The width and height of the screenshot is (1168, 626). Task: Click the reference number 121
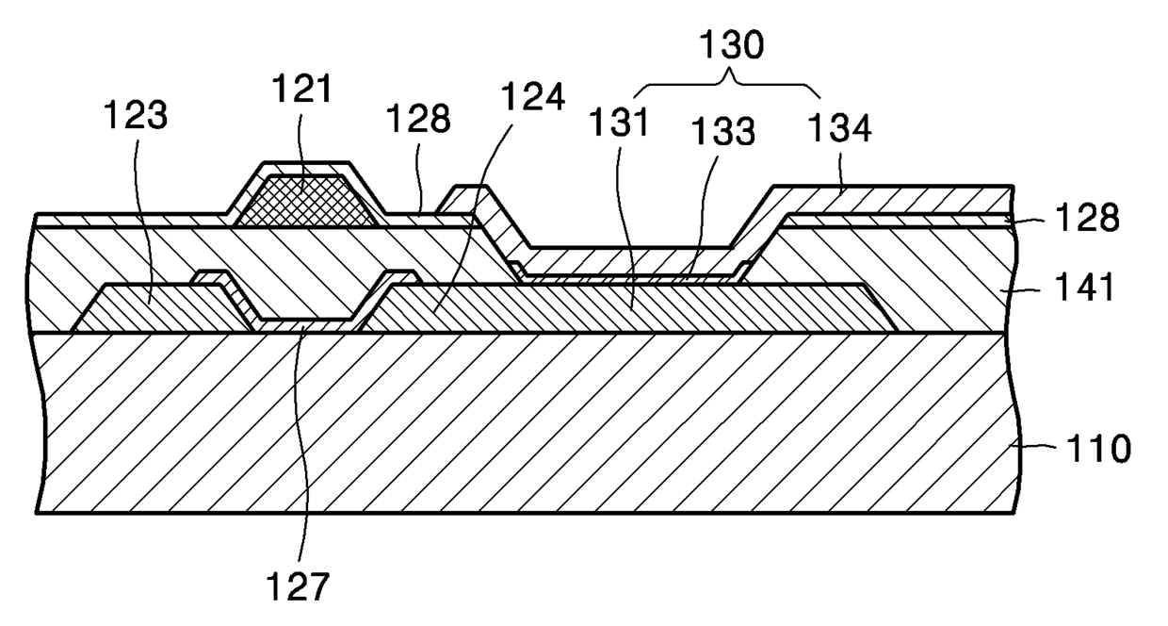[302, 90]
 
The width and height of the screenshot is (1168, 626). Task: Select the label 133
[725, 134]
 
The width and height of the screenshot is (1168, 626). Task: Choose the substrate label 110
[1095, 449]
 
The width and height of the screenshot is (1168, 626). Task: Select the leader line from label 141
[1037, 286]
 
